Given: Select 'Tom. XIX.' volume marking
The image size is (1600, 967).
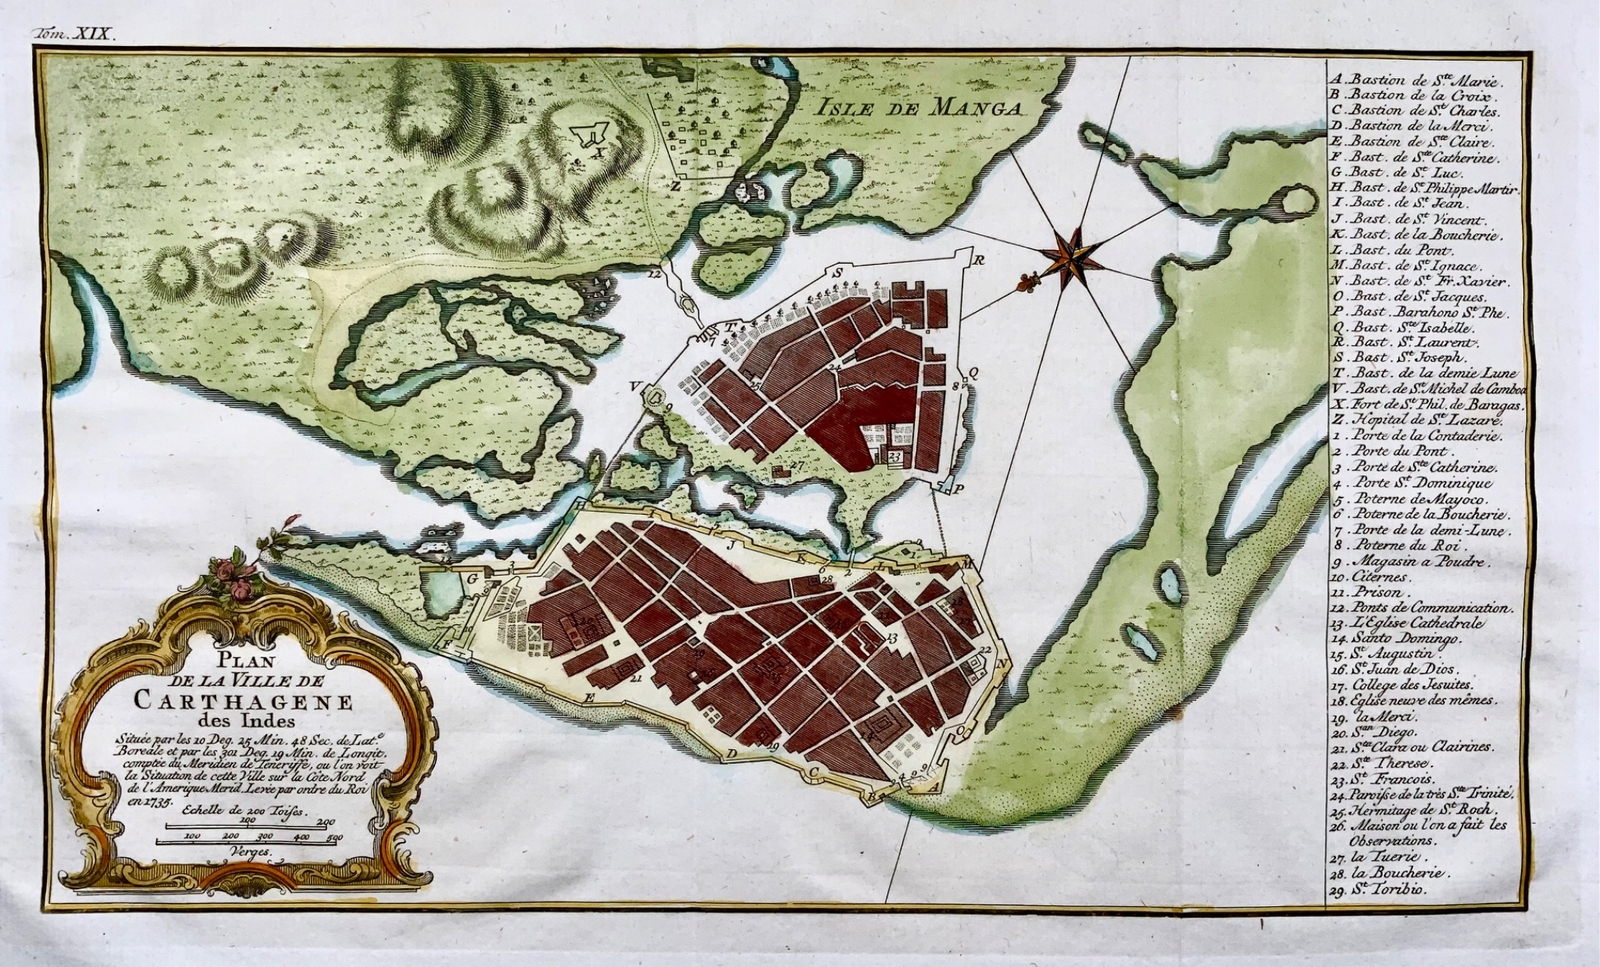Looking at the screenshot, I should coord(75,32).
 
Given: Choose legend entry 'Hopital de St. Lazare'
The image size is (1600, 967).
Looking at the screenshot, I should coord(1412,422).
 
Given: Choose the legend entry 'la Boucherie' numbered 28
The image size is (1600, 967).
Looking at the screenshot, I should coord(1392,872).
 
